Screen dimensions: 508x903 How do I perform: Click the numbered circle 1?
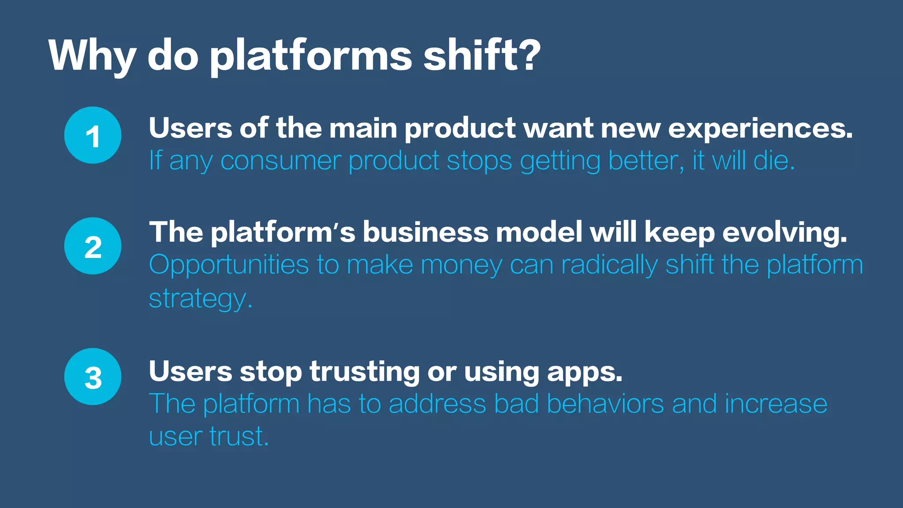(x=93, y=135)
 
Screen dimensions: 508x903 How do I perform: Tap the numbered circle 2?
(x=93, y=246)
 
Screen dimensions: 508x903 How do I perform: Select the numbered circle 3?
(x=93, y=377)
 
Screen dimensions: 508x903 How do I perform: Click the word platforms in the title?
(x=311, y=56)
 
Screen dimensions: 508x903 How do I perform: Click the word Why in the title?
(x=92, y=56)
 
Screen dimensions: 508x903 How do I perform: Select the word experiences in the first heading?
(x=760, y=129)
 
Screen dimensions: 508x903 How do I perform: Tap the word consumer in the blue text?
(x=280, y=161)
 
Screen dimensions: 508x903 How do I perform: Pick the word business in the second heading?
(x=425, y=232)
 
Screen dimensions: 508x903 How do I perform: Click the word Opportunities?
(x=228, y=265)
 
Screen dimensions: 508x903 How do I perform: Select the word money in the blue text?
(x=461, y=265)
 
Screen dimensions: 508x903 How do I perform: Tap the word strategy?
(x=201, y=299)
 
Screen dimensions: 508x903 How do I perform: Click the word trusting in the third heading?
(x=364, y=372)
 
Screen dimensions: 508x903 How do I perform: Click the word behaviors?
(x=605, y=403)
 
